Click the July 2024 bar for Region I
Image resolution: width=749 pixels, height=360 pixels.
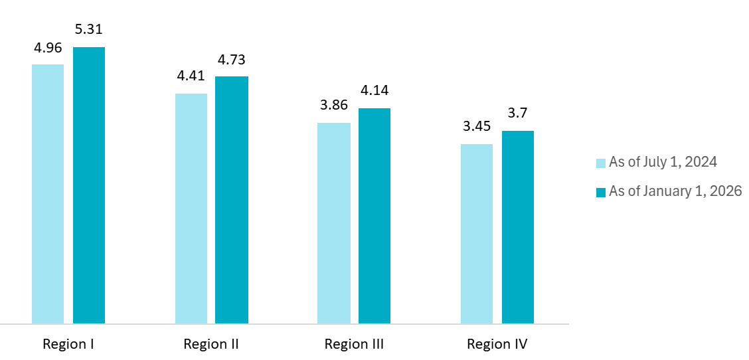[48, 194]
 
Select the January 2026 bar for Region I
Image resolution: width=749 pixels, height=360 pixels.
[89, 185]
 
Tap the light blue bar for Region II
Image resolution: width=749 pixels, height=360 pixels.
[191, 209]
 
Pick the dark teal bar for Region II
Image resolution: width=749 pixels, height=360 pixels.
[232, 200]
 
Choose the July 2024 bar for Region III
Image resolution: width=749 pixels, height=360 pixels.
[334, 223]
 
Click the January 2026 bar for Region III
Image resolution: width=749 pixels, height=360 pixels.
[374, 216]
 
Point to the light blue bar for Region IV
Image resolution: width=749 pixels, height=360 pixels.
[477, 234]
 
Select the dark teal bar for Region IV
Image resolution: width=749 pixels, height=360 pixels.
[518, 227]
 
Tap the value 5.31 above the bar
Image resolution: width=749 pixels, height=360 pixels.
[89, 30]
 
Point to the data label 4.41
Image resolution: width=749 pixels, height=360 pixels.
[191, 76]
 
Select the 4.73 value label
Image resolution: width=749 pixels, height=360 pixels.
[232, 60]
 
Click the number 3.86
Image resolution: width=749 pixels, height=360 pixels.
[334, 106]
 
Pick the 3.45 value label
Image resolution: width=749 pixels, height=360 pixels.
[477, 127]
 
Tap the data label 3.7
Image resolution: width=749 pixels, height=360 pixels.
[518, 114]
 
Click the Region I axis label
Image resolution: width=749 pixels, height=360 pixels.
[68, 344]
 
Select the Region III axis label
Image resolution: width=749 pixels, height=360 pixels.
[354, 344]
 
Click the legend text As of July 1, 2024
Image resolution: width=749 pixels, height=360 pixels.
[663, 162]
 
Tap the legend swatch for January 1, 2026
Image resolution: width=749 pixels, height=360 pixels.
[601, 192]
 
